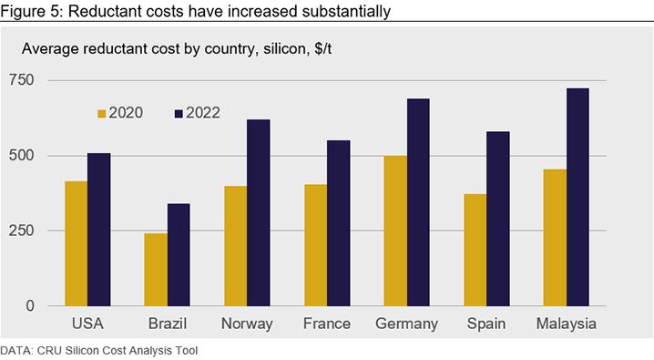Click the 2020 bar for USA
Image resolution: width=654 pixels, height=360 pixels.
click(x=76, y=243)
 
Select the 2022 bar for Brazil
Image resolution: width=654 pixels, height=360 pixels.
click(x=179, y=255)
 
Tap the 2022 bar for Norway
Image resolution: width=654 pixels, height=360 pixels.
click(x=259, y=212)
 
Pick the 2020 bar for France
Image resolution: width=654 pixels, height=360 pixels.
click(x=316, y=245)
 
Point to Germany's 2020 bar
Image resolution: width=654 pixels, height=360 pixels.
click(x=395, y=231)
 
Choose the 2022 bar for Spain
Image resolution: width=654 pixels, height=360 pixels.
click(x=498, y=219)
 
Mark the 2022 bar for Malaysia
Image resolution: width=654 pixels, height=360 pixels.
click(x=577, y=197)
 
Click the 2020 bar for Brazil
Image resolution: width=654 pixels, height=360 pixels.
click(x=156, y=270)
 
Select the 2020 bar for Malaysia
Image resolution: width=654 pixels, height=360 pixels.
click(x=555, y=238)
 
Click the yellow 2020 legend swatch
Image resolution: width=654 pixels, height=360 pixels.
click(x=102, y=113)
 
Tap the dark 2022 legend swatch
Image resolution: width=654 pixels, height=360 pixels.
click(x=179, y=113)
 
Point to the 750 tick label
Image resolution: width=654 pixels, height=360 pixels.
click(x=21, y=79)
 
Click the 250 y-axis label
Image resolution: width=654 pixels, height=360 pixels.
click(x=21, y=231)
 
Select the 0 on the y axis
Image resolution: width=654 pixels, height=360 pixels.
click(x=30, y=305)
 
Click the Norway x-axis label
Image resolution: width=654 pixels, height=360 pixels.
click(x=247, y=324)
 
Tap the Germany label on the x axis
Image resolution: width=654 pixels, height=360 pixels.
click(x=406, y=324)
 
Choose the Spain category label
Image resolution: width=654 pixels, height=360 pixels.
click(x=486, y=324)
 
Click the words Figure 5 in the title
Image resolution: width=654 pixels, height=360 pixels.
click(x=30, y=11)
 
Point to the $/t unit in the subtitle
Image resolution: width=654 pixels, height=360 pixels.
click(x=322, y=49)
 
